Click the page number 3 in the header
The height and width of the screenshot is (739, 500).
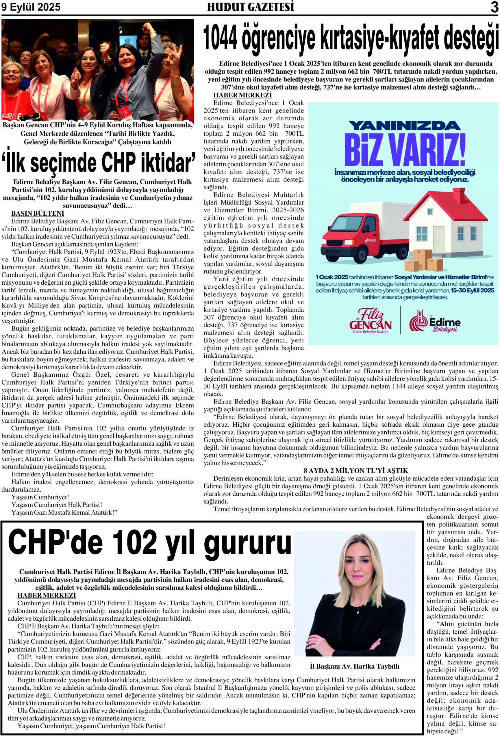(494, 7)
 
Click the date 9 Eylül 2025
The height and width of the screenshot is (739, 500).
(31, 7)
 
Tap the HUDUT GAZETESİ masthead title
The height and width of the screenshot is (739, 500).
(251, 7)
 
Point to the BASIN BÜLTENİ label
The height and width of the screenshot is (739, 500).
(38, 213)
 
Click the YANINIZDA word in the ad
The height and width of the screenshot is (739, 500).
(405, 125)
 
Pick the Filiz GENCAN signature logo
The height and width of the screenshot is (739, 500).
(370, 320)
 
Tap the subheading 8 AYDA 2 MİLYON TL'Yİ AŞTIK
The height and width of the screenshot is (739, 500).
(355, 470)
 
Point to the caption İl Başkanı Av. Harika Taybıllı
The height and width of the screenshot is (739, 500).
(354, 667)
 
